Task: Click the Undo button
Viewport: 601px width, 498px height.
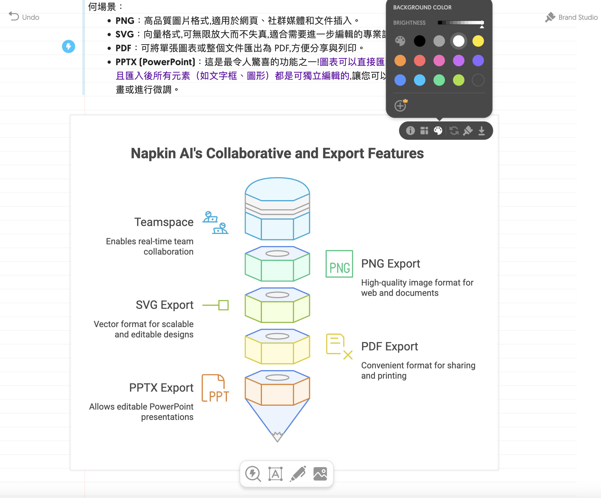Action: [x=24, y=17]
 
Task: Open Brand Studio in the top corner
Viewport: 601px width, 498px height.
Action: [x=571, y=17]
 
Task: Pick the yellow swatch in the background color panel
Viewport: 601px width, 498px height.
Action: [x=478, y=41]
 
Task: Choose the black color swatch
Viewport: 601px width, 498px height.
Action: [x=419, y=41]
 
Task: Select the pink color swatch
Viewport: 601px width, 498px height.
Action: [x=439, y=61]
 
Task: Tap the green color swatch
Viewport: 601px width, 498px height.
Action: [x=439, y=80]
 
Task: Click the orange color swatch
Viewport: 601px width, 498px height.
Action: [x=400, y=61]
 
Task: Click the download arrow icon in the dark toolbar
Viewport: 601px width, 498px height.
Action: [x=482, y=131]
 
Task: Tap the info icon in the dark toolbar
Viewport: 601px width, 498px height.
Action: [x=410, y=131]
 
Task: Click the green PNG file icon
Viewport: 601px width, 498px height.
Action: [x=339, y=264]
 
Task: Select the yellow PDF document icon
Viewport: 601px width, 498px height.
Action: [x=338, y=346]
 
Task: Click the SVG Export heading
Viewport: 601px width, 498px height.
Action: [x=165, y=305]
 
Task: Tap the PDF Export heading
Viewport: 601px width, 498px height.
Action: [x=389, y=347]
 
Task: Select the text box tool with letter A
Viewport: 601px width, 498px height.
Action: [x=275, y=474]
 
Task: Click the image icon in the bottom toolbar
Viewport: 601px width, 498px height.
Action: [x=320, y=474]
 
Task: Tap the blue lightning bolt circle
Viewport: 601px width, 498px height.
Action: [x=69, y=47]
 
